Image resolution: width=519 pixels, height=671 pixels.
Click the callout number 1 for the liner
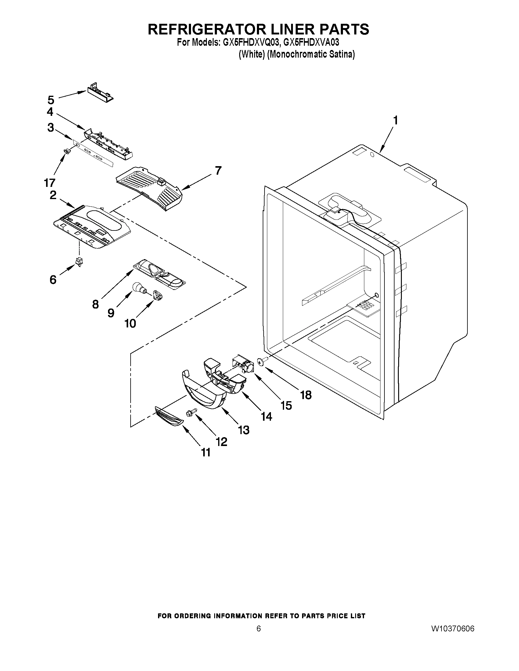395,120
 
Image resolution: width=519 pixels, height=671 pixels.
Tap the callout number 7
218,170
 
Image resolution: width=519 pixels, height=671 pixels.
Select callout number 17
49,183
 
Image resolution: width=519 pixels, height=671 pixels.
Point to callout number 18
306,395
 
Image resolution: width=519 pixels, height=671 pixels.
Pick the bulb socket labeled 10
158,295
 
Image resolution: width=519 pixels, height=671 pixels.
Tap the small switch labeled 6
80,262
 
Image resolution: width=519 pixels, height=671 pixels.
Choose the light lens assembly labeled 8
160,273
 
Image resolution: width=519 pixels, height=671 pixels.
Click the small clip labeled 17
67,151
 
